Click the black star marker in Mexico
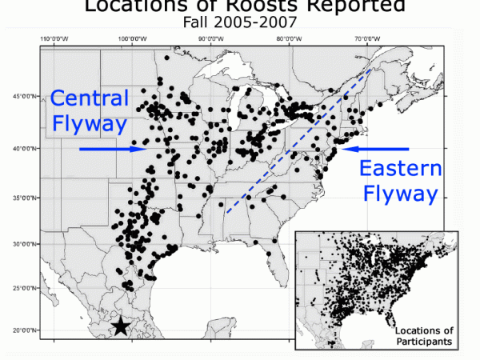[120, 326]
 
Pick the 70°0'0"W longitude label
[366, 38]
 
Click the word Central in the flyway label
[90, 98]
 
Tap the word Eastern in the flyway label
[399, 168]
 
